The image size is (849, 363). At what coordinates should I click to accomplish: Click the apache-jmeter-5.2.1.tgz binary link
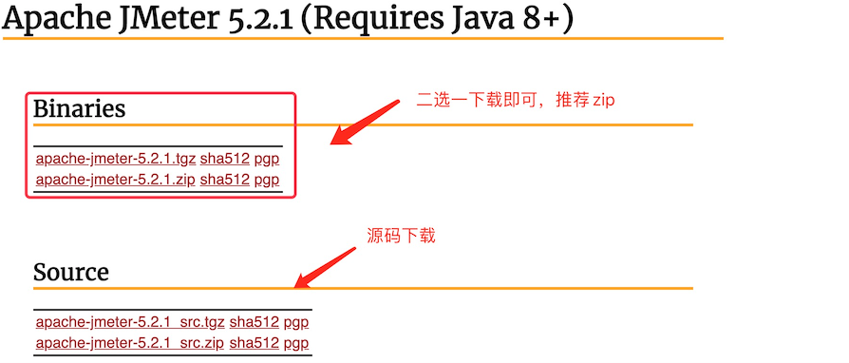(x=115, y=159)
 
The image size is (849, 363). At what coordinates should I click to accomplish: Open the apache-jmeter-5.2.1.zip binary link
(x=115, y=179)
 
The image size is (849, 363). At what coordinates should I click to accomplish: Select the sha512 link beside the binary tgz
(x=224, y=159)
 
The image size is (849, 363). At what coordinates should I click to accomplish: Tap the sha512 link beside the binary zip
(x=224, y=179)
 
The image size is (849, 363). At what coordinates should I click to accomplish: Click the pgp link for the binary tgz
(x=267, y=159)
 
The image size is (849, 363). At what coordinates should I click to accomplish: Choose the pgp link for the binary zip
(x=267, y=179)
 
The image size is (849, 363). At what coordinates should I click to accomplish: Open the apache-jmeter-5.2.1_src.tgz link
(x=130, y=322)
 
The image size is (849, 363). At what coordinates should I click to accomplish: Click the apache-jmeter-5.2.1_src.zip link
(x=130, y=342)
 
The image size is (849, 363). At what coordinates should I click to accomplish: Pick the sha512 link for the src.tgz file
(x=255, y=322)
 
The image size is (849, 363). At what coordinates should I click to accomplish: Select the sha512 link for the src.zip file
(x=255, y=342)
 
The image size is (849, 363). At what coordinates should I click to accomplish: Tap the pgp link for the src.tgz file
(x=296, y=322)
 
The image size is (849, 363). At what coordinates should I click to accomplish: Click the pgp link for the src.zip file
(x=296, y=342)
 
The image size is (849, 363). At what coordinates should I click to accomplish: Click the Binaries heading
(x=79, y=109)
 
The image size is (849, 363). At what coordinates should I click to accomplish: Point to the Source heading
(x=71, y=273)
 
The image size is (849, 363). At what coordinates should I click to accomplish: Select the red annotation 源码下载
(x=401, y=236)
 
